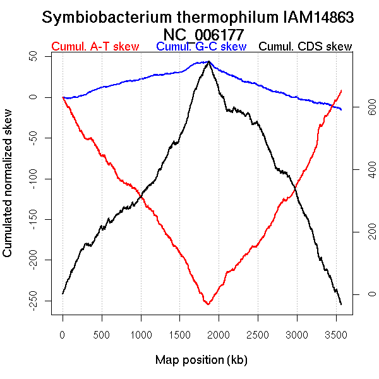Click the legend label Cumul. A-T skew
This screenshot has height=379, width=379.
pyautogui.click(x=95, y=47)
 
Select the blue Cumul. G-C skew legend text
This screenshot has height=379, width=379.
pyautogui.click(x=201, y=47)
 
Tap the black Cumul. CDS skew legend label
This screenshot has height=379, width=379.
pyautogui.click(x=306, y=47)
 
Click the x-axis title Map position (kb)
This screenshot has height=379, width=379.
pyautogui.click(x=202, y=360)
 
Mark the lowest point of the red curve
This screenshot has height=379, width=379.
pyautogui.click(x=207, y=304)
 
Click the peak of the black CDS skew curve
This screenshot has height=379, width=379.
pyautogui.click(x=209, y=61)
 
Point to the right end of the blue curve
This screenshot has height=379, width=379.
pyautogui.click(x=342, y=110)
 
